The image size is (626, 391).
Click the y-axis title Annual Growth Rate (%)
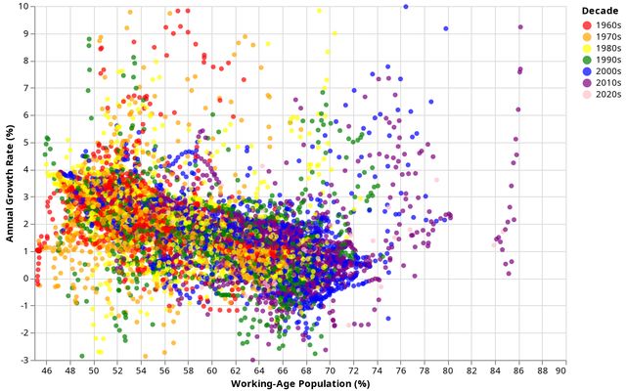click(9, 183)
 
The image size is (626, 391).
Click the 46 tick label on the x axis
click(46, 370)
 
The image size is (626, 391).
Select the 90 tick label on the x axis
click(560, 370)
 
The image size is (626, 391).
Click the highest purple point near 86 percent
click(520, 27)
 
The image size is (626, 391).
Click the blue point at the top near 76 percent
click(406, 7)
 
